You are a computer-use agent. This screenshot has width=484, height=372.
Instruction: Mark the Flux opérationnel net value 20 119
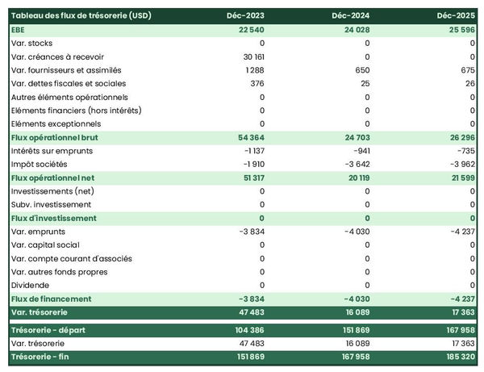[355, 178]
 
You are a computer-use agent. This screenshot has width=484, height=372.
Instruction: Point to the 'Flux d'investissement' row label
[54, 218]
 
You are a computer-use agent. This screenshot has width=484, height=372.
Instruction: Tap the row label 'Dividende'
[31, 285]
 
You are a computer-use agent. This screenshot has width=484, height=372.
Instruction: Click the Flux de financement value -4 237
[460, 299]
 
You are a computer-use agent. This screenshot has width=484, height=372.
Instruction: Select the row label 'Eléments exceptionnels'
[56, 123]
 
